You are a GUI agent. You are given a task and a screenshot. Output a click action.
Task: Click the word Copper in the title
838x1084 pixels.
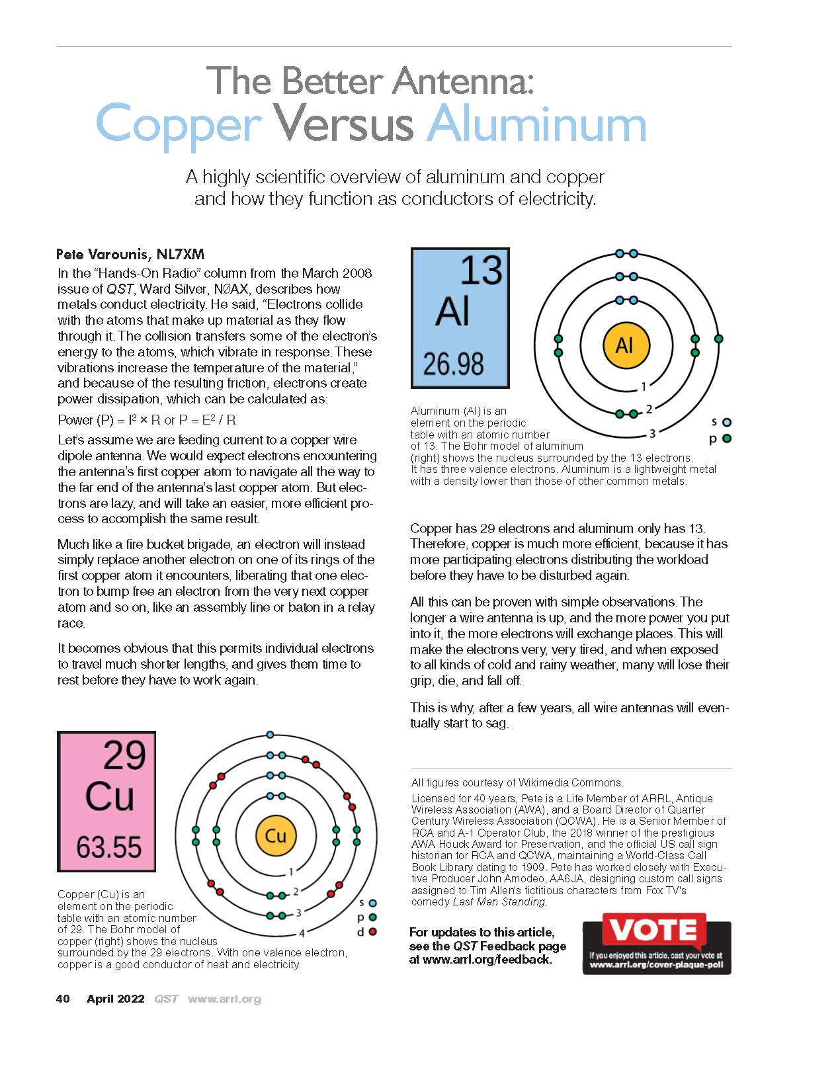(179, 124)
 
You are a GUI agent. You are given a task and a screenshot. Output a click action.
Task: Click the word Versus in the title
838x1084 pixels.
(343, 122)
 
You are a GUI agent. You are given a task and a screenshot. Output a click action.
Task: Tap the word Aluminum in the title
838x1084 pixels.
(536, 122)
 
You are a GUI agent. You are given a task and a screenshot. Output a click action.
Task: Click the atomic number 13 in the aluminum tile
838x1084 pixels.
(480, 271)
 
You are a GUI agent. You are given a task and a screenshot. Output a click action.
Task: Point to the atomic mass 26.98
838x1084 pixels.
(453, 364)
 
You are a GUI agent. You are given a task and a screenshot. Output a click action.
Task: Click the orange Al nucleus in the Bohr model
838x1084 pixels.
(624, 345)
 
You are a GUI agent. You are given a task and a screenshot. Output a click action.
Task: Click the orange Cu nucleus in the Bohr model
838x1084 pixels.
(275, 835)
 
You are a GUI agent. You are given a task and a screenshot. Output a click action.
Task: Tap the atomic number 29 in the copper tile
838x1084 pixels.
(124, 755)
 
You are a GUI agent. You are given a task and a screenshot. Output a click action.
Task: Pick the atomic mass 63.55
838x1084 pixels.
(109, 847)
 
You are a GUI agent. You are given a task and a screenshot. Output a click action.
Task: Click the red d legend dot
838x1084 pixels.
(373, 932)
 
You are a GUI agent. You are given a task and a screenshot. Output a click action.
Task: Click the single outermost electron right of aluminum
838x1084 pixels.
(719, 339)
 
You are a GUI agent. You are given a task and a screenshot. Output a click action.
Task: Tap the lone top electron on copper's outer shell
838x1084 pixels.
(270, 735)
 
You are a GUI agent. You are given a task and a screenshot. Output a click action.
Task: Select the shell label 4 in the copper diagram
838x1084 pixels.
(302, 933)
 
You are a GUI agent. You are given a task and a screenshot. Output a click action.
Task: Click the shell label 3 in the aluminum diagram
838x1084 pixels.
(652, 434)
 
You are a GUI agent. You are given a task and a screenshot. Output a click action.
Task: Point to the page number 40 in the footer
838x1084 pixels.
(63, 999)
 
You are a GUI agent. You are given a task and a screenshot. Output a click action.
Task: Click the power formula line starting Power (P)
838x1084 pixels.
(147, 420)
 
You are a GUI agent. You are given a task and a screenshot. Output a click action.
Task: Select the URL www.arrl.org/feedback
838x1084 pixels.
(487, 959)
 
